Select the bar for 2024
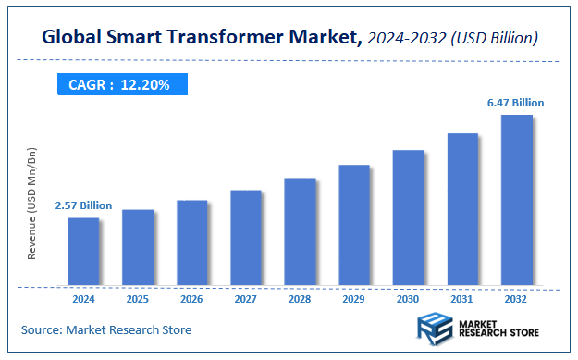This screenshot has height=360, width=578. tap(83, 251)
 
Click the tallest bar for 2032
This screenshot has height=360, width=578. tap(516, 199)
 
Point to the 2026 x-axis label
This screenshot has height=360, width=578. tap(191, 299)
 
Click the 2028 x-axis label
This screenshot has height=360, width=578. tap(300, 299)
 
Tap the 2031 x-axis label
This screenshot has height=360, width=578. tap(462, 299)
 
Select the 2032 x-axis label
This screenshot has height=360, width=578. tap(516, 299)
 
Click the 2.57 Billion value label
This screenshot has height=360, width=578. tap(83, 205)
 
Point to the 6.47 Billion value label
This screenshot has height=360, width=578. tap(516, 103)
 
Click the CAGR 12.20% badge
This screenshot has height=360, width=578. tap(119, 84)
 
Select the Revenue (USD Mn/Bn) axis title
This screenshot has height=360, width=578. tap(32, 203)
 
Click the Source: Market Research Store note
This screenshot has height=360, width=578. tap(106, 329)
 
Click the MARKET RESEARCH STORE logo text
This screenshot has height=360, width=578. tap(499, 329)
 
